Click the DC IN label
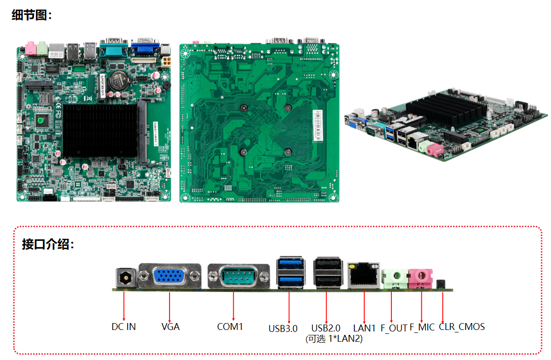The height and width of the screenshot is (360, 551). tap(123, 327)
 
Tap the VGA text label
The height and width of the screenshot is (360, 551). tap(171, 327)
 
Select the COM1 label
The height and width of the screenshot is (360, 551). tap(230, 327)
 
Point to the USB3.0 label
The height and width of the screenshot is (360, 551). tap(283, 328)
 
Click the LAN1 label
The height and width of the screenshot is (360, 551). tap(365, 328)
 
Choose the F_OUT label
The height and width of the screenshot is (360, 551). tap(394, 328)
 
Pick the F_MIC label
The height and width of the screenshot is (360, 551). tap(422, 327)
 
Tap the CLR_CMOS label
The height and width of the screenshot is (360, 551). tap(462, 327)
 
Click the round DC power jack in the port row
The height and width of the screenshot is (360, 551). tap(125, 279)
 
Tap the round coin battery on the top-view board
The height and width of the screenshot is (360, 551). tap(119, 79)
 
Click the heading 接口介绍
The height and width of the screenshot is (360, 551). tap(48, 244)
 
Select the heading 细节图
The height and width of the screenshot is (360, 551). tap(32, 15)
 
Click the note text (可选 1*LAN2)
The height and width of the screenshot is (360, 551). tap(334, 339)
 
